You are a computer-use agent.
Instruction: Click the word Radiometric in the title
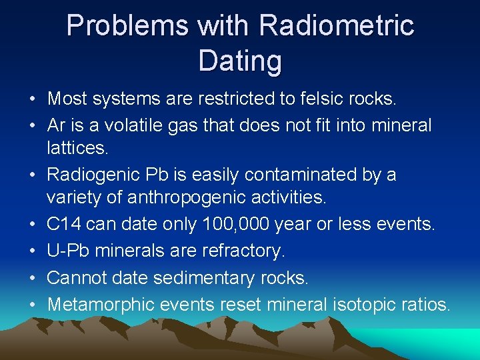pyautogui.click(x=337, y=26)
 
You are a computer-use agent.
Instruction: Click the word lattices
pyautogui.click(x=77, y=149)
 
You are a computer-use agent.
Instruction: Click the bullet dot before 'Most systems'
pyautogui.click(x=32, y=100)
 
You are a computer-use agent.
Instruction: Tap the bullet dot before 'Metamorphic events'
pyautogui.click(x=32, y=305)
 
